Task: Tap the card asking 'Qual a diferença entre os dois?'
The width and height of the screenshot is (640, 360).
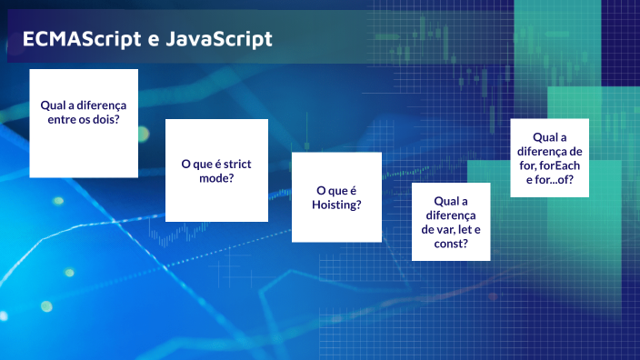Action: (x=84, y=123)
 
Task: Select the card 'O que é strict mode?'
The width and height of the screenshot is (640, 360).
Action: (x=216, y=170)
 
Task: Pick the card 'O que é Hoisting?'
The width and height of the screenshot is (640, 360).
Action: (x=336, y=197)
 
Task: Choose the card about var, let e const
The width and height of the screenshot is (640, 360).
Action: (x=451, y=222)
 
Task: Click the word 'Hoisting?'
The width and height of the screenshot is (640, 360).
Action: (x=337, y=205)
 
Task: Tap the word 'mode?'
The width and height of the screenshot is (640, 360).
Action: (x=216, y=178)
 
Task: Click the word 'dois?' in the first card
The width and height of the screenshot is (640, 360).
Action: (x=103, y=119)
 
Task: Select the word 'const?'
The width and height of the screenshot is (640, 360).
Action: (x=451, y=245)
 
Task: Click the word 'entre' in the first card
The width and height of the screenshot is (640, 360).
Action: (x=63, y=119)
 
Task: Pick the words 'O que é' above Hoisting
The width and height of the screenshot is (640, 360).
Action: (x=336, y=190)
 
